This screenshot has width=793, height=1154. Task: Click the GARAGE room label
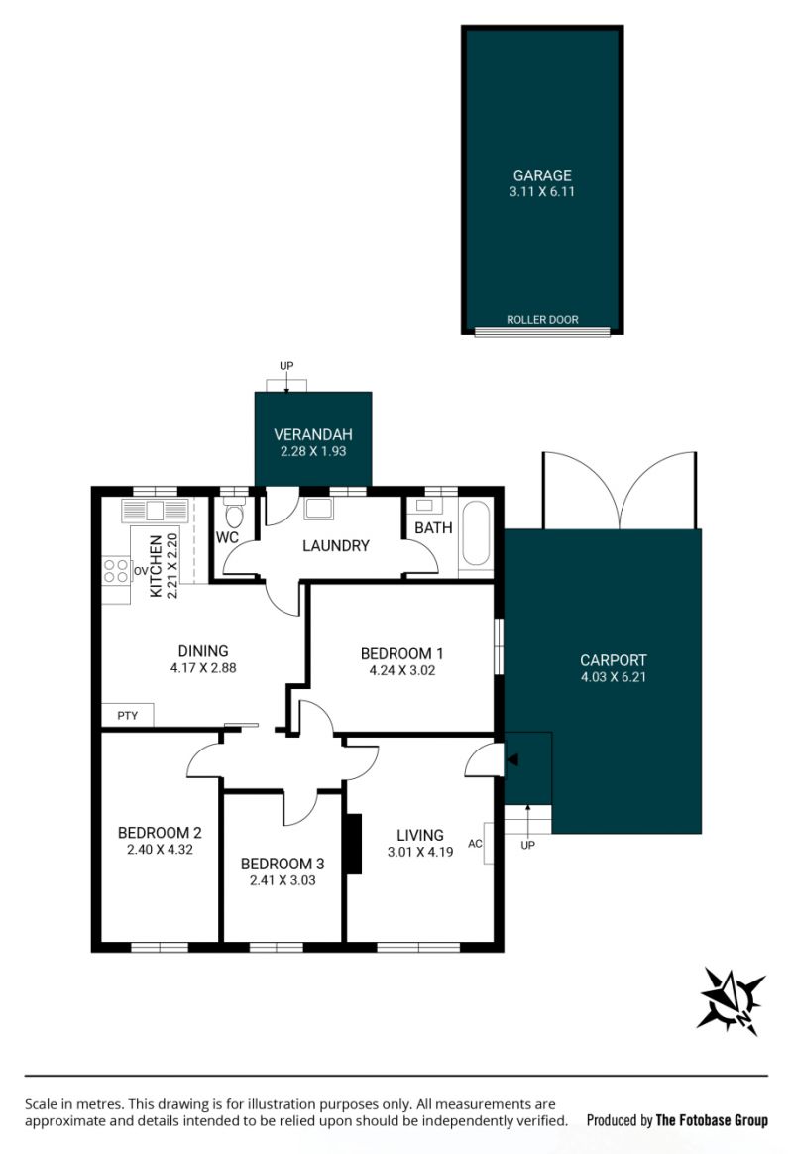tap(542, 175)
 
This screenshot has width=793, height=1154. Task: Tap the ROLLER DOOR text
tap(542, 320)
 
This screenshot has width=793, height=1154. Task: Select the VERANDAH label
tap(313, 435)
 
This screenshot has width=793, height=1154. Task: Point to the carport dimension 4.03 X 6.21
tap(614, 677)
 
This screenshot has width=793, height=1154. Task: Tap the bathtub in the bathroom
tap(475, 534)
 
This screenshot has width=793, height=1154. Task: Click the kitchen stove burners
tap(116, 571)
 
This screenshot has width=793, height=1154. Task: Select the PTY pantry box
tap(127, 716)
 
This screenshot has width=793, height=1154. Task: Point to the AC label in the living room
tap(475, 844)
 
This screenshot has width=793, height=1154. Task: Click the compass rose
tap(732, 1001)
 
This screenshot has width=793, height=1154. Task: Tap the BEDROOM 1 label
tap(401, 653)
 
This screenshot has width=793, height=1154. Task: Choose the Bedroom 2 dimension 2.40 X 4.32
tap(160, 850)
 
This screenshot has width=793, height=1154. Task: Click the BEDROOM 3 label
tap(283, 865)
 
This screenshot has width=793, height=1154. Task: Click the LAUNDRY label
tap(335, 546)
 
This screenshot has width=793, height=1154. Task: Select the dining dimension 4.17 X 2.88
tap(203, 668)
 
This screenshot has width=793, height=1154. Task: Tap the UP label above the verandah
tap(286, 366)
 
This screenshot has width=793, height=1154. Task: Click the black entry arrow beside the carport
tap(512, 759)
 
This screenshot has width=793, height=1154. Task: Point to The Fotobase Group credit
tap(712, 1121)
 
